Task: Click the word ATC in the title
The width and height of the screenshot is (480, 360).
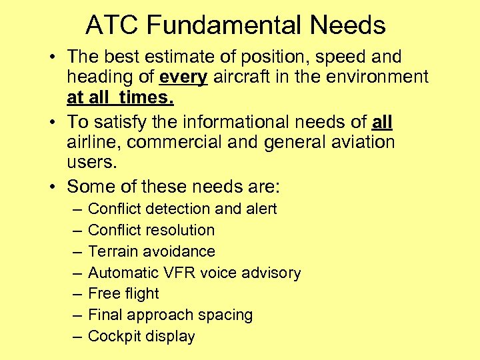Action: point(112,25)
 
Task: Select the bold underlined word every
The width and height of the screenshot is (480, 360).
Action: point(183,77)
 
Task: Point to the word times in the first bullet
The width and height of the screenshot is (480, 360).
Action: point(147,99)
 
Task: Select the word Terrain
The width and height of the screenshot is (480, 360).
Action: point(114,251)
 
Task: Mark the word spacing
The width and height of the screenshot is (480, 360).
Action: point(229,315)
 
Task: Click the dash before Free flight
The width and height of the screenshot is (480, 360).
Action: point(74,294)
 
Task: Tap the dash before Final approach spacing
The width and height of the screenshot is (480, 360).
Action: point(74,315)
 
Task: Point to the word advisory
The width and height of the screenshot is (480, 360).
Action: point(274,273)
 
